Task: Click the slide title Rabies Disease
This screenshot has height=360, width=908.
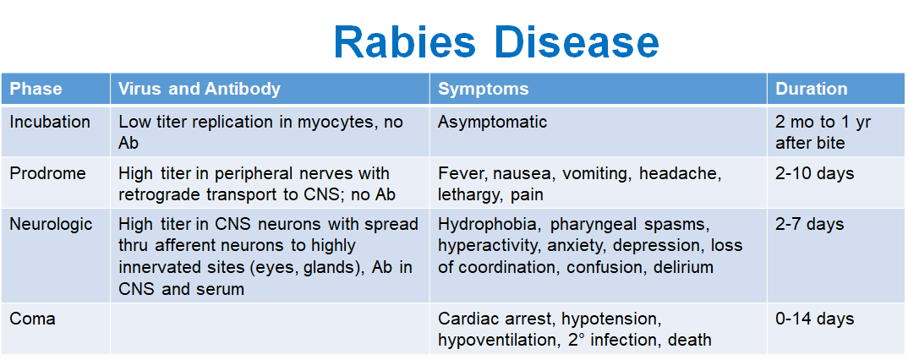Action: (x=496, y=42)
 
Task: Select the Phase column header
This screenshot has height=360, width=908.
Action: (x=36, y=89)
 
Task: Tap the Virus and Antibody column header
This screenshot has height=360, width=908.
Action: (x=199, y=89)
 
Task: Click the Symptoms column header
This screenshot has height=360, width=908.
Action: (x=483, y=89)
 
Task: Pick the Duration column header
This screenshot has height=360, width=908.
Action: (x=811, y=89)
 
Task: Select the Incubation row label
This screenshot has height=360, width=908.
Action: (x=50, y=122)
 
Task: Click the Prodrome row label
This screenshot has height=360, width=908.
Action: (x=47, y=173)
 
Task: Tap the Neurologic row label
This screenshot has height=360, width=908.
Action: (x=51, y=224)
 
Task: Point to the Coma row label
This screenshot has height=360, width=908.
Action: (x=32, y=319)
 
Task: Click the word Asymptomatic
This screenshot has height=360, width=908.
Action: (x=492, y=122)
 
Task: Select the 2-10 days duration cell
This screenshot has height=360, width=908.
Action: (x=814, y=173)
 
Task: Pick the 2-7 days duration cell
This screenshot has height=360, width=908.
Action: (x=810, y=224)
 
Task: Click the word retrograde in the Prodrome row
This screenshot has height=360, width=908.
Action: (x=156, y=194)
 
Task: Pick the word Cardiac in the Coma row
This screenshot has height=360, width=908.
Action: (x=466, y=319)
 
